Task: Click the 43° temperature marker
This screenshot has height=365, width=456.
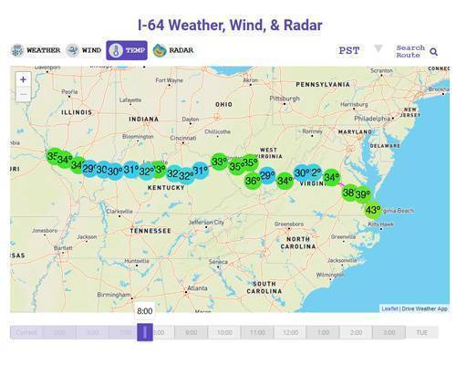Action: point(373,209)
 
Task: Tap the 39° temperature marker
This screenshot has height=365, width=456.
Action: point(362,194)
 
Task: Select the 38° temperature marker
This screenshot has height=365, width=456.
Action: point(348,193)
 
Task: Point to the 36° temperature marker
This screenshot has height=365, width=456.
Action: point(253,181)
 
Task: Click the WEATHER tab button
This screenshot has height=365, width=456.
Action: point(36,50)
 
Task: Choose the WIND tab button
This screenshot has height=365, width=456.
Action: point(85,50)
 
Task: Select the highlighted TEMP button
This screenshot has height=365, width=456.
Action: point(126,50)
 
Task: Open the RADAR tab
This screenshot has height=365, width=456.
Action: point(173,50)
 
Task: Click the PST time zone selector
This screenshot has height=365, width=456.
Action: point(348,51)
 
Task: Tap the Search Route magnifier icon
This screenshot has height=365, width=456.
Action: point(434,52)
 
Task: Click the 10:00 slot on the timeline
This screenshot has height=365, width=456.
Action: point(224,333)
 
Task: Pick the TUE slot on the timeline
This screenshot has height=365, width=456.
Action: point(421,333)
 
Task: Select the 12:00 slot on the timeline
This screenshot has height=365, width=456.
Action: point(290,333)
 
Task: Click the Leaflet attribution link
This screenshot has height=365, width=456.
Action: point(389,308)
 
